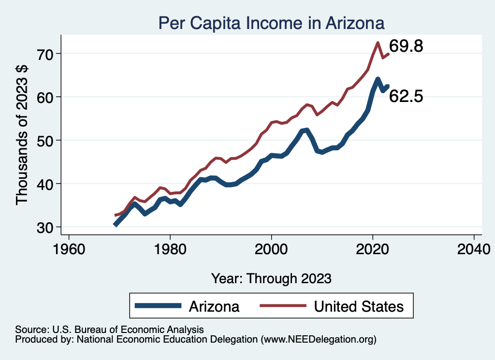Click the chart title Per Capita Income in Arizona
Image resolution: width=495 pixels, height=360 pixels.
271,23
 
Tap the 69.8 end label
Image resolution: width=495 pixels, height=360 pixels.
406,46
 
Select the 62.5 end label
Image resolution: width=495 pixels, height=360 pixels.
406,97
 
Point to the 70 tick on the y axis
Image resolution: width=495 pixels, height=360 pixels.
47,54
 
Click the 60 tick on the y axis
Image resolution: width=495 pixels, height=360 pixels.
47,97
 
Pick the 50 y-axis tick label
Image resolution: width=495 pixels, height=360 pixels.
47,141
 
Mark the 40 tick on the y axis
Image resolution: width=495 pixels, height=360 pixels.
47,184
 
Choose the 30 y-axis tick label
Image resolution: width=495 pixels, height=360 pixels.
47,228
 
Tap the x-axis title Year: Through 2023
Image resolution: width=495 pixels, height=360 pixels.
271,278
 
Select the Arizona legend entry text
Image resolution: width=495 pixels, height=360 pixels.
214,306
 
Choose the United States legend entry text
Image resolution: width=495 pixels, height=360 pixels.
358,306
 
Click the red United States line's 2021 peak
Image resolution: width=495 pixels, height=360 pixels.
378,43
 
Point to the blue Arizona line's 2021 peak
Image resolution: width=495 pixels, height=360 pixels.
378,79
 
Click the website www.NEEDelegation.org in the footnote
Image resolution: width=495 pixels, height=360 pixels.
318,340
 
